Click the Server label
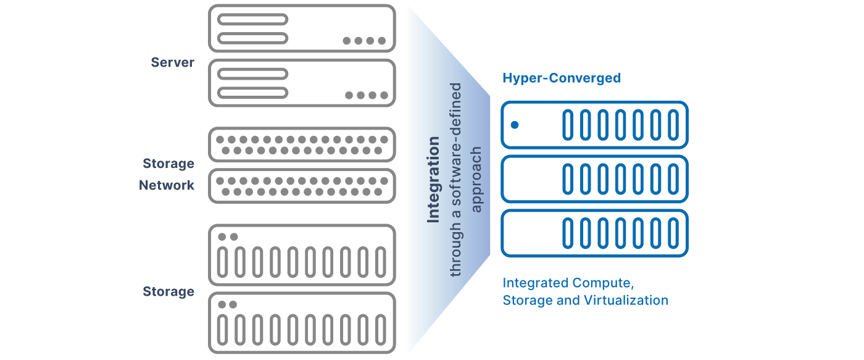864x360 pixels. click(x=172, y=62)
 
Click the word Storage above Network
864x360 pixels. click(x=168, y=164)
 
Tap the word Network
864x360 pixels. click(x=167, y=185)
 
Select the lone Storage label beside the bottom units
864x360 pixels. click(x=168, y=291)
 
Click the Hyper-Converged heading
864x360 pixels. click(x=561, y=78)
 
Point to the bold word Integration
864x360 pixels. click(x=434, y=180)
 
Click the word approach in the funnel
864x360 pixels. click(x=476, y=180)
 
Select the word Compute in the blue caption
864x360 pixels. click(x=602, y=283)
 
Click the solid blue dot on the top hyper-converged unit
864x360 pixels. click(x=515, y=125)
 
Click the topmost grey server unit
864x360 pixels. click(x=302, y=28)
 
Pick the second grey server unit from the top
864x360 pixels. click(x=302, y=83)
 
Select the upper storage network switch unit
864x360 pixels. click(x=302, y=144)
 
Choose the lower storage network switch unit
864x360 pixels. click(x=302, y=186)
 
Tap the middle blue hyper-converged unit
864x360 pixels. click(x=594, y=179)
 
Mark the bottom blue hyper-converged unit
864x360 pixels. click(x=594, y=233)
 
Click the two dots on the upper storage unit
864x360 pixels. click(x=227, y=237)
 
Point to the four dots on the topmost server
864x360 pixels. click(x=364, y=41)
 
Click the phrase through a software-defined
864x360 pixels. click(x=455, y=180)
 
